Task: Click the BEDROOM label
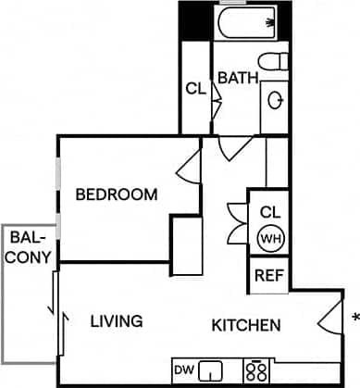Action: click(x=116, y=194)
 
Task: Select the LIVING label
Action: click(x=116, y=321)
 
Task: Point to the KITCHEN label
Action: click(x=246, y=325)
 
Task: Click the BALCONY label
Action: click(x=29, y=247)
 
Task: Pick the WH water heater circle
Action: click(x=270, y=238)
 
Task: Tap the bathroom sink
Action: click(x=275, y=98)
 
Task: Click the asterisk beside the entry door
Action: click(x=355, y=320)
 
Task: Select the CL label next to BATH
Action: click(x=194, y=90)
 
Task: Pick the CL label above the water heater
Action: click(x=270, y=210)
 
